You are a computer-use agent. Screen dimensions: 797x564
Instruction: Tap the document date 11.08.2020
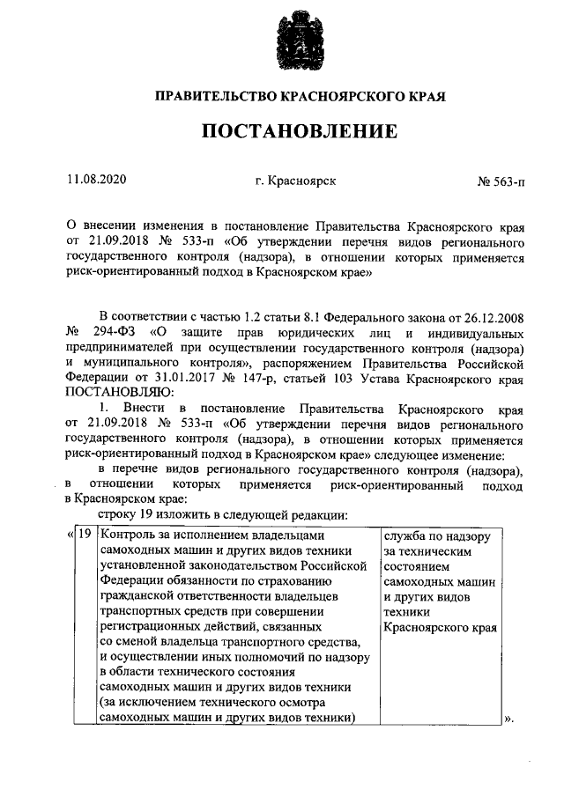(97, 181)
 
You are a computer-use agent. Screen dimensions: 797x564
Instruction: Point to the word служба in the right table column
(405, 535)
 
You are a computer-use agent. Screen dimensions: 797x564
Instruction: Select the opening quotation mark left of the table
(70, 535)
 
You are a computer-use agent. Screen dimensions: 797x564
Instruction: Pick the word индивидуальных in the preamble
(480, 332)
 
